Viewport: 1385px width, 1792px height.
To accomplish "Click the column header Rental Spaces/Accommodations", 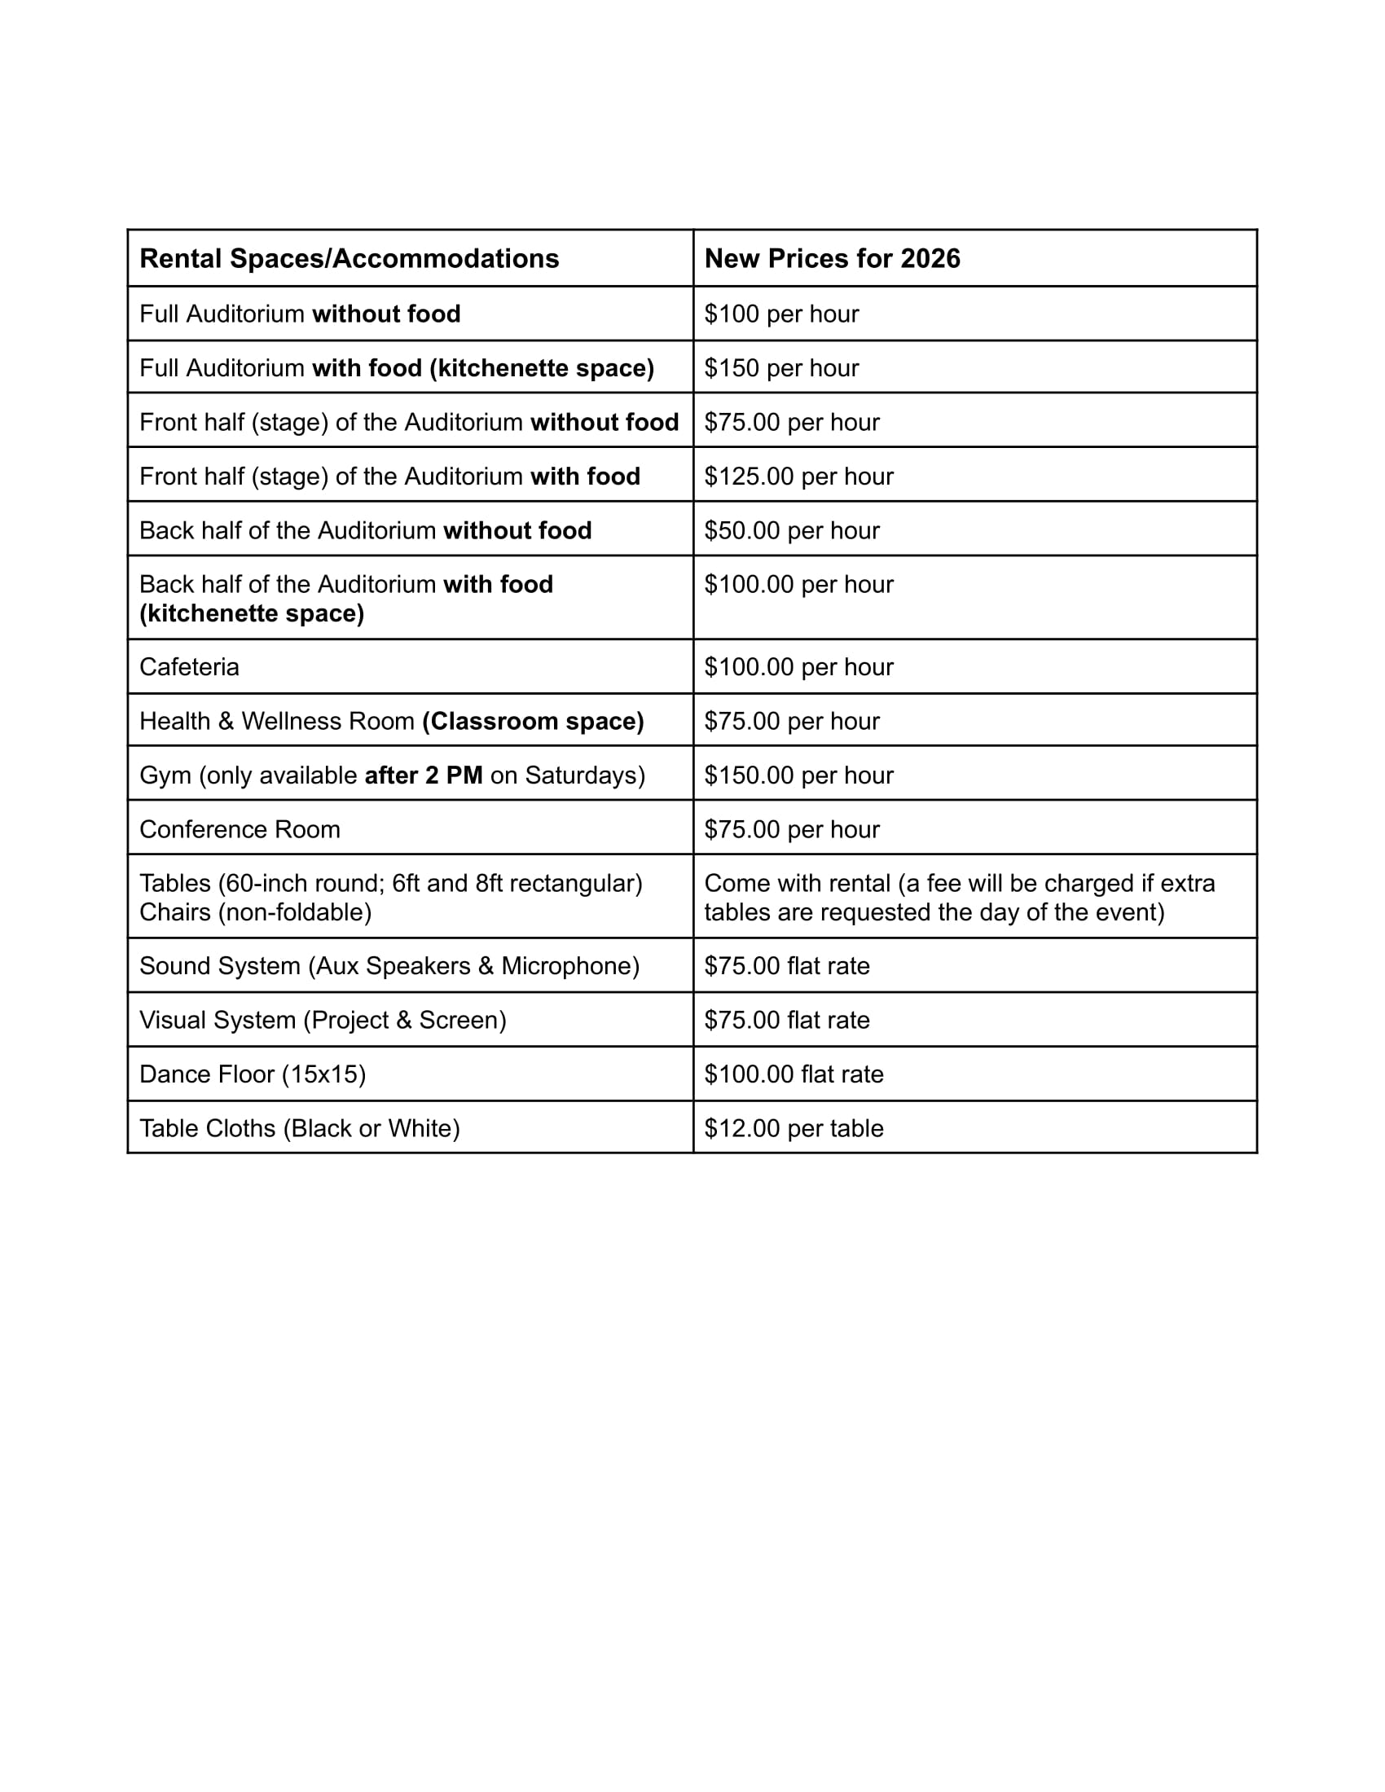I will [349, 258].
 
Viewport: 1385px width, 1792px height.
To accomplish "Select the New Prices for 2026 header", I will [831, 258].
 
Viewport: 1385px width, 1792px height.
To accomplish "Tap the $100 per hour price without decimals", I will [781, 314].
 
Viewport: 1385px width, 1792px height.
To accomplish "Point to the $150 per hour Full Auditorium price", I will [781, 367].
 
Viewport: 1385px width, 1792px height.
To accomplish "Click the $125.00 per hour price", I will [798, 476].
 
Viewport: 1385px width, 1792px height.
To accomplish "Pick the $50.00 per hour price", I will [791, 530].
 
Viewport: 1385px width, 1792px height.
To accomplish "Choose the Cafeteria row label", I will [189, 666].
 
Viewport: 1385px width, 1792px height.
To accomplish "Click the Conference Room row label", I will [240, 828].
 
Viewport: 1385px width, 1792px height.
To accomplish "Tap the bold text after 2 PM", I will [424, 775].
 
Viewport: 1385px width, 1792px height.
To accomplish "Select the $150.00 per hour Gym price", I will [798, 775].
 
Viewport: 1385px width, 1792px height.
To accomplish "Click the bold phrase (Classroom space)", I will [533, 720].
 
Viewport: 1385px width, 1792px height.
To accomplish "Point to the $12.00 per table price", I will [794, 1128].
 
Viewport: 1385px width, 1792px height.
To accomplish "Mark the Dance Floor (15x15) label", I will [252, 1074].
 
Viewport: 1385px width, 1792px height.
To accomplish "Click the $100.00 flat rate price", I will [794, 1074].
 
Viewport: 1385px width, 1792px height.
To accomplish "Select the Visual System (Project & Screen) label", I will [323, 1020].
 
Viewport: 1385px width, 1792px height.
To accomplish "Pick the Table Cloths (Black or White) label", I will [300, 1128].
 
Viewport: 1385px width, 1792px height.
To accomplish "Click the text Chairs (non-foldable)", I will [255, 911].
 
